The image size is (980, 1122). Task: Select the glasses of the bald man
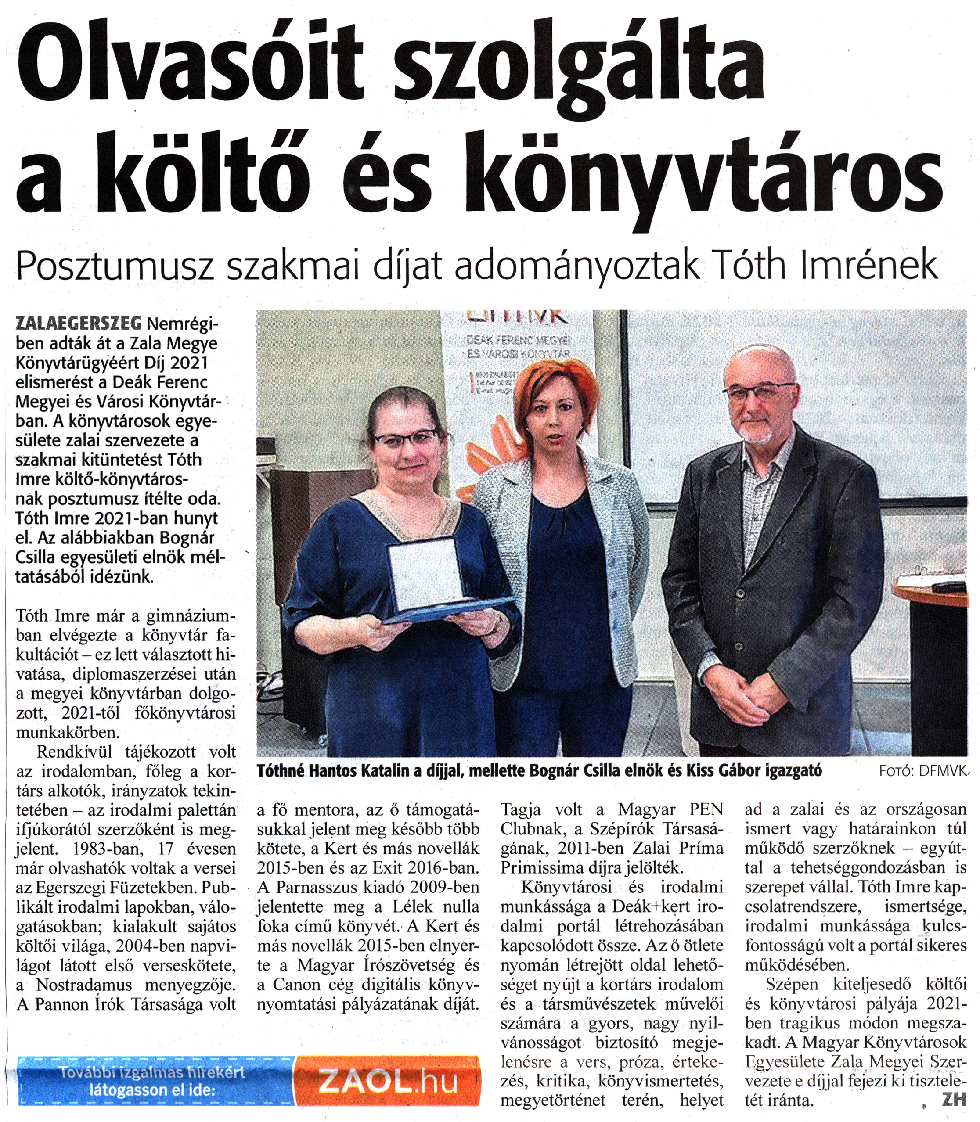click(760, 391)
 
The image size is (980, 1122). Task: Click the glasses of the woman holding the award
click(405, 437)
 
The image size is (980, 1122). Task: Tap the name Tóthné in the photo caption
click(281, 770)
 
